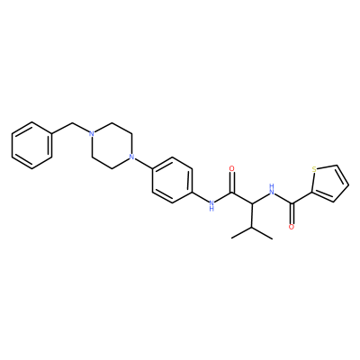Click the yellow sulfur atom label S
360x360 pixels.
[x=314, y=169]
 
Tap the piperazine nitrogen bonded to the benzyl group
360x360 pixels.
[x=92, y=134]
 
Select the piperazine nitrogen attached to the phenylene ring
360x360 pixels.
[x=131, y=157]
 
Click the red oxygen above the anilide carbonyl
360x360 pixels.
[x=231, y=168]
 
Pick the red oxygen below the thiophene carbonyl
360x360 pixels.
[x=292, y=227]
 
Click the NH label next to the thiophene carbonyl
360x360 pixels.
[x=272, y=189]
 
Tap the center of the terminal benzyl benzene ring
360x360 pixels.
[x=31, y=145]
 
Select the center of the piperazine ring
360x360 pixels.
[x=112, y=145]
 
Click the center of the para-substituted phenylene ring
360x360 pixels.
[x=172, y=180]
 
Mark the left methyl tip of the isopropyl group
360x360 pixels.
[x=232, y=238]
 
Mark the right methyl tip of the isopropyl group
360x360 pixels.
[x=273, y=239]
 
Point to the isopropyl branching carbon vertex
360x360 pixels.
[x=252, y=227]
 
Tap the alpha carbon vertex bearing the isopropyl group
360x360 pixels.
[x=252, y=203]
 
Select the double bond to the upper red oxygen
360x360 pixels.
[x=231, y=183]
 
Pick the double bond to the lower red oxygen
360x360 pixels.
[x=292, y=213]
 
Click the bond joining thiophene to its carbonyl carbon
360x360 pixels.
[x=301, y=197]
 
